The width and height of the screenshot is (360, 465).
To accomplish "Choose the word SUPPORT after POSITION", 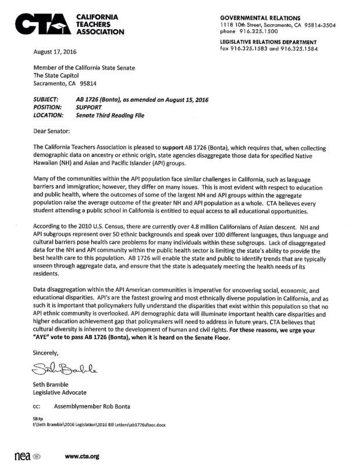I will pyautogui.click(x=89, y=108).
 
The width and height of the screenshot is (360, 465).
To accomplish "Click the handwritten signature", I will pyautogui.click(x=60, y=367).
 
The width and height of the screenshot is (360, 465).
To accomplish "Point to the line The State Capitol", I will pyautogui.click(x=56, y=74).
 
